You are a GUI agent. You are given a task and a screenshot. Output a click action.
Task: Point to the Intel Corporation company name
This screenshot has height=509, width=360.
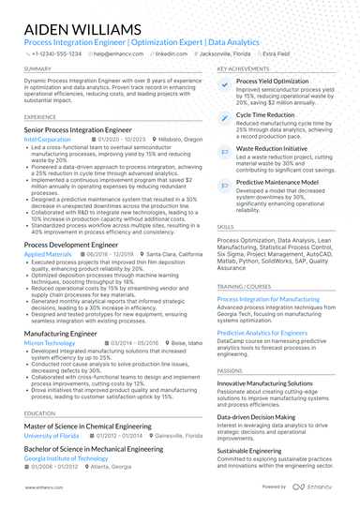pyautogui.click(x=47, y=138)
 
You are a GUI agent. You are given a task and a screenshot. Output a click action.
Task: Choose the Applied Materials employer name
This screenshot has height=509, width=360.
pyautogui.click(x=47, y=253)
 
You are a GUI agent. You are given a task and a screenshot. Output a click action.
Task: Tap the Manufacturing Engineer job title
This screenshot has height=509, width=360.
pyautogui.click(x=60, y=333)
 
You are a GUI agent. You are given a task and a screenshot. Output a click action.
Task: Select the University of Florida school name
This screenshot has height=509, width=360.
pyautogui.click(x=52, y=435)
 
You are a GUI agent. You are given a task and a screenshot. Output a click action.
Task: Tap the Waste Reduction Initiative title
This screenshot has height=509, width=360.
pyautogui.click(x=271, y=147)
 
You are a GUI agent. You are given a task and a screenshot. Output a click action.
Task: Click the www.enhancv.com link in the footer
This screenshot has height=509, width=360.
pyautogui.click(x=43, y=487)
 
